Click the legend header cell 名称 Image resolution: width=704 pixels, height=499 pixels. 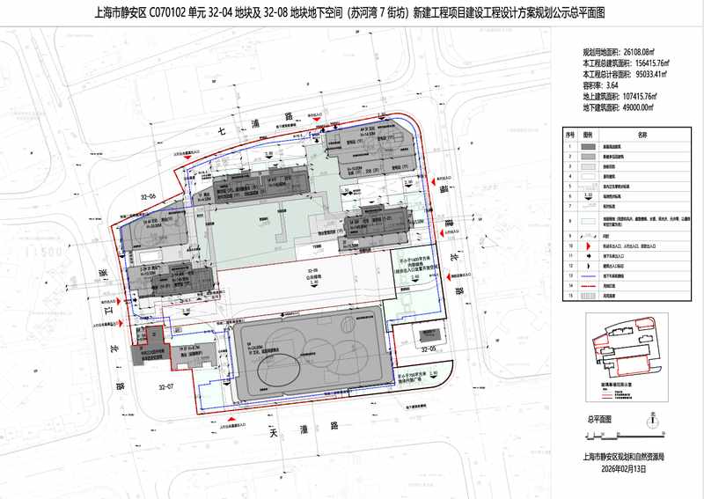(x=642, y=135)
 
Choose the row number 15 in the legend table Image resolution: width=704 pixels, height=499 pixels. (x=570, y=297)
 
